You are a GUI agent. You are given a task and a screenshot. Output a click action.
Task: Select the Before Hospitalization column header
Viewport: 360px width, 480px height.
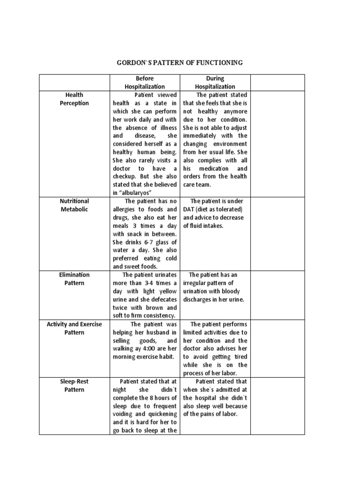click(144, 82)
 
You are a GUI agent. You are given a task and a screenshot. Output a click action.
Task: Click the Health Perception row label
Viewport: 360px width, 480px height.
click(74, 99)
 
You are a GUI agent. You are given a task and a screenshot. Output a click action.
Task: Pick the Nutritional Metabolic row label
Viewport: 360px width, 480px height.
click(74, 205)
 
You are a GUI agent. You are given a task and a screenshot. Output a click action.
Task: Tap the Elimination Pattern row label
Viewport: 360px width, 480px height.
click(74, 279)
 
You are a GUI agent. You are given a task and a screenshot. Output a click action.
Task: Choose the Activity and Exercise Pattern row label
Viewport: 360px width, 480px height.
click(74, 328)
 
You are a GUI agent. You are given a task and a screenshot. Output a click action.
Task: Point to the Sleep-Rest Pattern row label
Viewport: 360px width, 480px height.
click(74, 386)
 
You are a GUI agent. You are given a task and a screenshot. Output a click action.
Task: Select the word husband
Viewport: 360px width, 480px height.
click(155, 332)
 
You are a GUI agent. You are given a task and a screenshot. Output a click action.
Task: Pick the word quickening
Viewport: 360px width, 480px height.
click(162, 414)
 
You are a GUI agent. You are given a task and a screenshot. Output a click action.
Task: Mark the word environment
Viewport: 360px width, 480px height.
click(228, 144)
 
